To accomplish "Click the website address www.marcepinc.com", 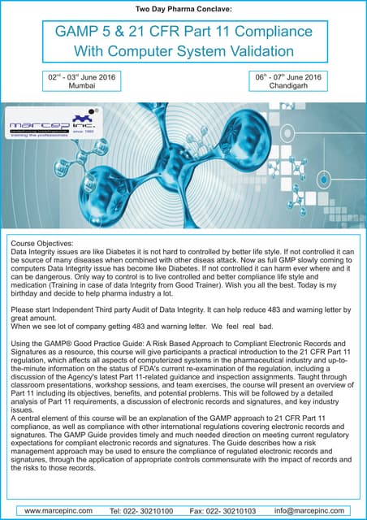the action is click(61, 511).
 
